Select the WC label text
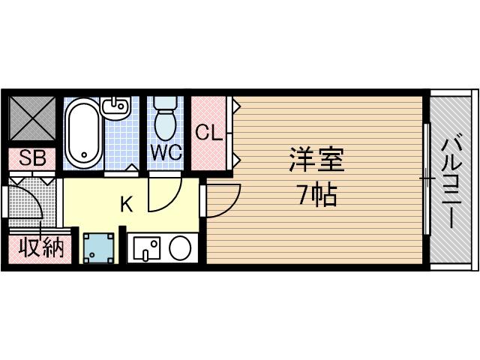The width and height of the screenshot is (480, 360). [x=166, y=152]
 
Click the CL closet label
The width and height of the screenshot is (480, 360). [x=208, y=133]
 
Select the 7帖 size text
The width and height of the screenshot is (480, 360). [x=316, y=196]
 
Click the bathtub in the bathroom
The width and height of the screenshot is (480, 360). [x=82, y=133]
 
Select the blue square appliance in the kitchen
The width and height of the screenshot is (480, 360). [x=97, y=248]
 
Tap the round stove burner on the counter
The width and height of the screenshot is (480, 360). [x=180, y=247]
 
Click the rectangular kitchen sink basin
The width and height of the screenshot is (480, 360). [x=148, y=247]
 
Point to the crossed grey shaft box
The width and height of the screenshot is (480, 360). [x=31, y=117]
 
